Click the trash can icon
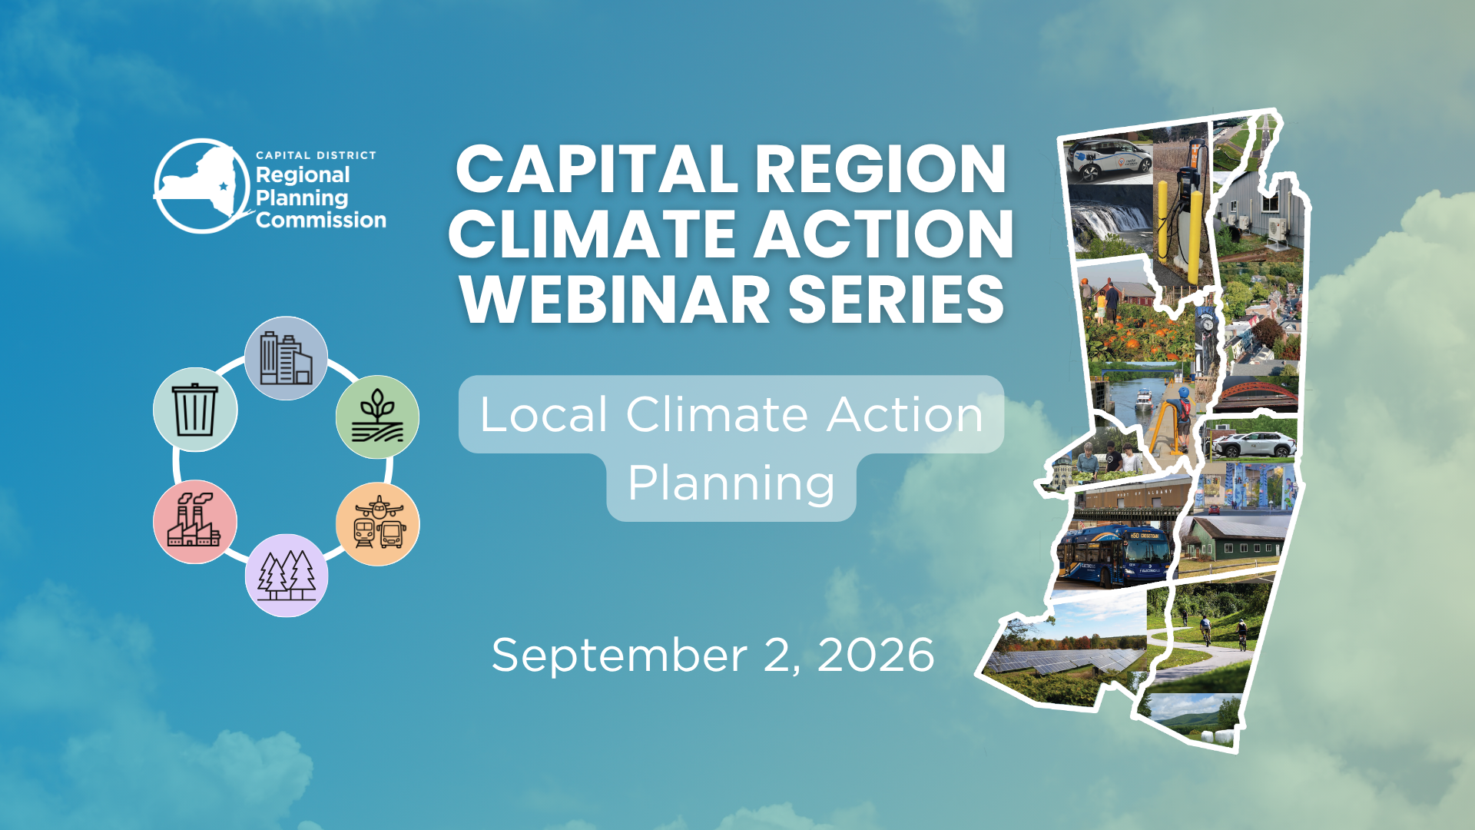195,410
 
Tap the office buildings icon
286,358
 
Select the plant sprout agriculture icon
377,417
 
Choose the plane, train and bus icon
378,523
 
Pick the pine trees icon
287,575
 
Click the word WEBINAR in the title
615,300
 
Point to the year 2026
876,655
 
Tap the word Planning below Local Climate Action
731,485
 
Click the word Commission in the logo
321,221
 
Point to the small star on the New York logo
224,186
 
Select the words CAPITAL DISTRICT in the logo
316,155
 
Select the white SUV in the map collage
1255,444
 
